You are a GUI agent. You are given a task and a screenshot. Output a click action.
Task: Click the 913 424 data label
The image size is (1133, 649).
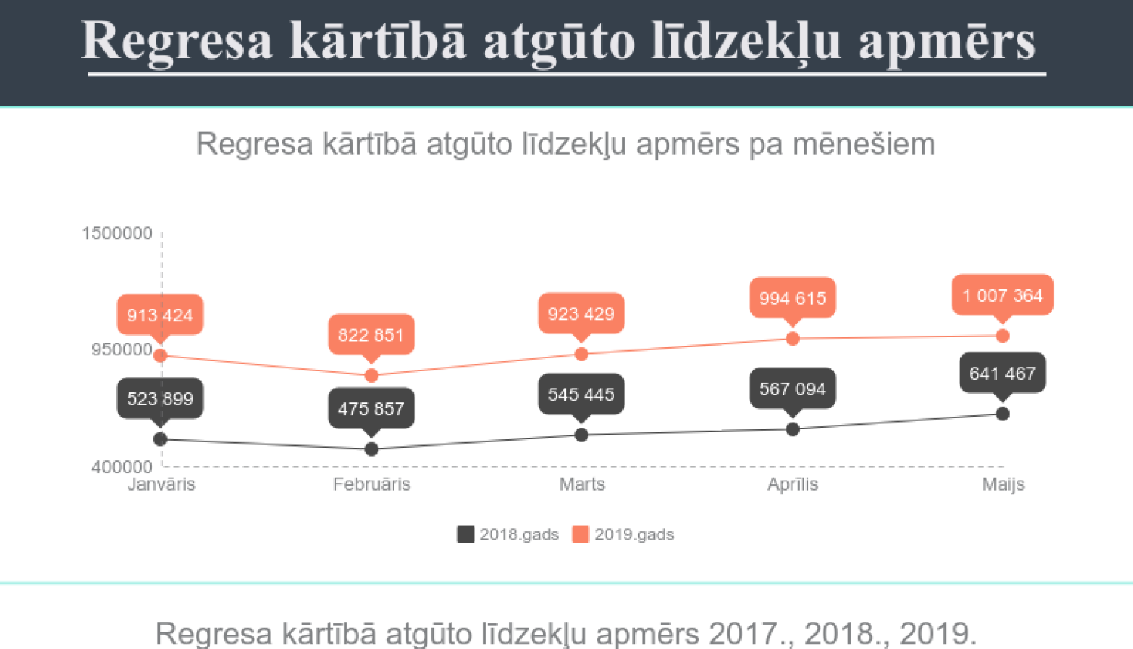pos(159,315)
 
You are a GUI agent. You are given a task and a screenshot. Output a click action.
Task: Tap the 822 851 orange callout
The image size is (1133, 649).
pos(371,334)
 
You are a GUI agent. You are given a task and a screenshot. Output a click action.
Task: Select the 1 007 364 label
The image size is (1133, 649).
pos(1002,295)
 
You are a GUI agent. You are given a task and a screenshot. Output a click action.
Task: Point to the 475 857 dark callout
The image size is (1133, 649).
pos(371,408)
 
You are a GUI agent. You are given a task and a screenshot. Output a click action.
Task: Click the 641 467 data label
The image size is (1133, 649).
pos(1002,373)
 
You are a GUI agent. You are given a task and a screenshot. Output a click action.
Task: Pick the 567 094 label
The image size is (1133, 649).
pos(792,389)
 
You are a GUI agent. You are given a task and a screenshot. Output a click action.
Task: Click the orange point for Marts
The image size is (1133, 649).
pos(582,354)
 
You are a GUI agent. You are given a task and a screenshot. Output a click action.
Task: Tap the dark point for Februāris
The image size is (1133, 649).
pos(372,449)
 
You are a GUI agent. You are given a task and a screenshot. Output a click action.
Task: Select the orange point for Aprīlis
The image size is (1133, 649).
pos(792,338)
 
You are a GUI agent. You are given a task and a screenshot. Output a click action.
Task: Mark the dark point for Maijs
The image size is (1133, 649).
pos(1002,414)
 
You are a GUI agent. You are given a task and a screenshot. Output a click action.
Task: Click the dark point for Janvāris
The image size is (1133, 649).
pos(160,439)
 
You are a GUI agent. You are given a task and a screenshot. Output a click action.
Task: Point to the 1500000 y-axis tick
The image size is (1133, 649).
pos(117,233)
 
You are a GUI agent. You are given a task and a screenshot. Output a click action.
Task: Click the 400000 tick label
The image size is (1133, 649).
pos(122,467)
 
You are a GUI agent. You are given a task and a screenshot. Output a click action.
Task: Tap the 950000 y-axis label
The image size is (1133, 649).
pos(122,349)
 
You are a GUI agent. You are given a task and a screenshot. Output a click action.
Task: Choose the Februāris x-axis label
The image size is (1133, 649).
pos(372,484)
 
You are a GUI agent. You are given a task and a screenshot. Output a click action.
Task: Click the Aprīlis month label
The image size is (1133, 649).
pos(792,484)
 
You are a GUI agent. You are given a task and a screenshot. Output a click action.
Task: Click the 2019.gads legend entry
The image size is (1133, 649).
pos(623,534)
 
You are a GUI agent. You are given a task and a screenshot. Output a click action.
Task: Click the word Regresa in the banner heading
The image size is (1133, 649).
pos(176,41)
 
